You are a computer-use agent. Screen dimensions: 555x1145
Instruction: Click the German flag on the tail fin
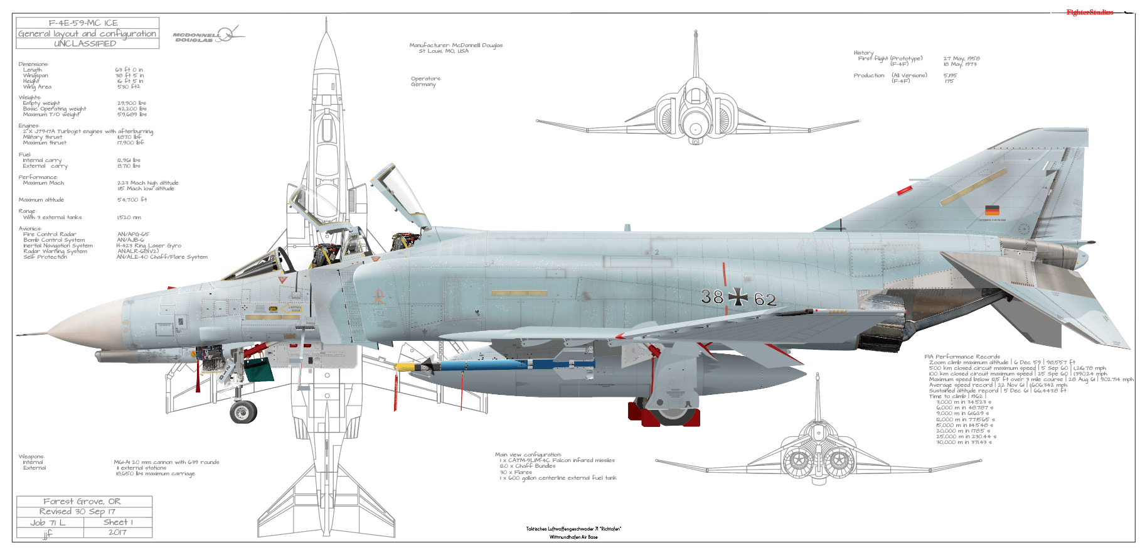(992, 210)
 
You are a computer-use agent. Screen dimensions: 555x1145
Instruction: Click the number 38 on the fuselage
(712, 296)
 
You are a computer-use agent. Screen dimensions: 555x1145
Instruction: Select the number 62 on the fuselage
(765, 299)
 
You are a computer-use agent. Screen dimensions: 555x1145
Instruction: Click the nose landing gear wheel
(243, 412)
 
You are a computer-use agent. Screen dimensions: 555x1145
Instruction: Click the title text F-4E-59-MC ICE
(83, 23)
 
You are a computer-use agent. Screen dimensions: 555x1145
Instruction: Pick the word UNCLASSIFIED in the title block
(85, 43)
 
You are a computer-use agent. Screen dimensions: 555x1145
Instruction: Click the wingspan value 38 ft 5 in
(129, 75)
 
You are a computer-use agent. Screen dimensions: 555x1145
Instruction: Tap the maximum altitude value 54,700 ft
(132, 200)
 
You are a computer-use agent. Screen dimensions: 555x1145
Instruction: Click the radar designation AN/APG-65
(133, 234)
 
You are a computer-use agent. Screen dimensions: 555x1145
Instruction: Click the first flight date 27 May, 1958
(961, 58)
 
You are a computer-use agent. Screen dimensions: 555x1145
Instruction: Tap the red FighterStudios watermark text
(1089, 13)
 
